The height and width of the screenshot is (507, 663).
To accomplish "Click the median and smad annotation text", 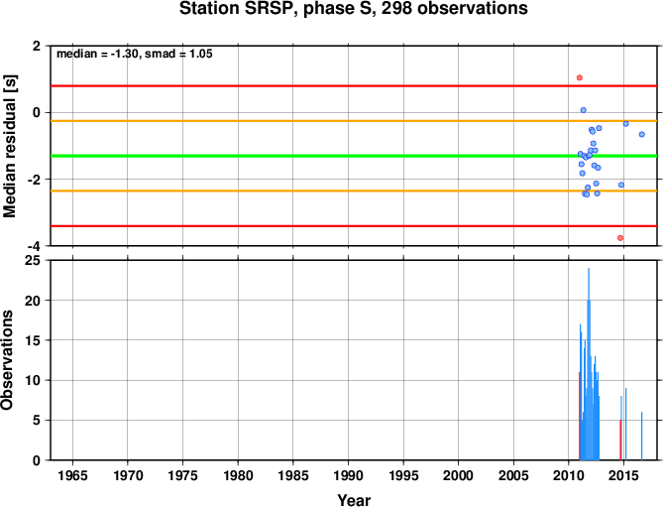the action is (135, 54).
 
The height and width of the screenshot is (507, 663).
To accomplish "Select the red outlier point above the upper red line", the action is (580, 77).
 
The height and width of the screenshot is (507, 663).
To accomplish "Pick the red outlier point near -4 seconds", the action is (620, 238).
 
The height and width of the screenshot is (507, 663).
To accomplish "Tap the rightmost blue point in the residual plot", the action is (642, 134).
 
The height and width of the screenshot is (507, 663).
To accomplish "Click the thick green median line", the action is (354, 156).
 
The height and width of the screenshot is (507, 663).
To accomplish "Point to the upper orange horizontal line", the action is (354, 121).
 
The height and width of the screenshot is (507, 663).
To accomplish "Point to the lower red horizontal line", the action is (354, 226).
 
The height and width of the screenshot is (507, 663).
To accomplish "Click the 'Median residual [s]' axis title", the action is (9, 146).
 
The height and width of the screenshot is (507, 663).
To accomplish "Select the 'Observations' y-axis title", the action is (7, 360).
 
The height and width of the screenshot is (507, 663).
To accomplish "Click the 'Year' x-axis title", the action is (354, 500).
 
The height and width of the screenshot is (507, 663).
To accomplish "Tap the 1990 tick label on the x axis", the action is (348, 475).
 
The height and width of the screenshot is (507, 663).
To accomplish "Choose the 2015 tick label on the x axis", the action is (623, 475).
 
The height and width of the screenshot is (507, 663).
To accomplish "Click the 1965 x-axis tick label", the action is (72, 475).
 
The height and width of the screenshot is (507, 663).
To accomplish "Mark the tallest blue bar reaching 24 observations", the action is (589, 364).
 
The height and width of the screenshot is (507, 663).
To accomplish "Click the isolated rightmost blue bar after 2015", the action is (641, 436).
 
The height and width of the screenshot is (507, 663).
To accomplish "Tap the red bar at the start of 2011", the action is (580, 416).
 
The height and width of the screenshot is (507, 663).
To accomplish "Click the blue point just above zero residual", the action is (583, 110).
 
